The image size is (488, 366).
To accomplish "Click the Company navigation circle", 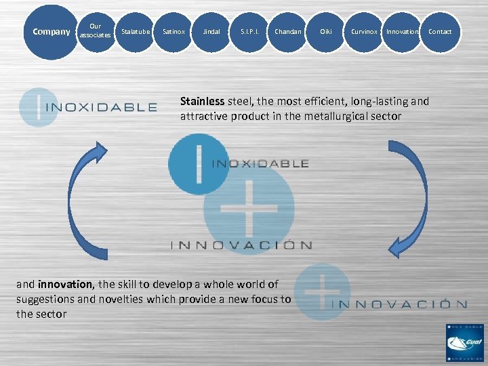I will [x=51, y=32].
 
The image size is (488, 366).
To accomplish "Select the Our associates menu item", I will [x=95, y=31].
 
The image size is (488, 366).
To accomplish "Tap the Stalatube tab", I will [x=136, y=32].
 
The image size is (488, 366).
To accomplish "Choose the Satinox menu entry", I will [x=174, y=32].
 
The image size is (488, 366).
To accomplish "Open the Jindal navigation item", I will [x=211, y=32].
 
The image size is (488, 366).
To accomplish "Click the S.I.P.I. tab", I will [x=249, y=32].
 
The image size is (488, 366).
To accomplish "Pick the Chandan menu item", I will [x=288, y=32].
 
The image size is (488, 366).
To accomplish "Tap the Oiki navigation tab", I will [x=326, y=32].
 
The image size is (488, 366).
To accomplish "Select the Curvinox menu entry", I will [x=364, y=32].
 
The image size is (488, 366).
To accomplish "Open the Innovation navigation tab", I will [x=402, y=32].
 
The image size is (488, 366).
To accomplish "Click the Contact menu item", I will [x=440, y=32].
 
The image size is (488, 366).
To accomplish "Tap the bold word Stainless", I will [x=202, y=102].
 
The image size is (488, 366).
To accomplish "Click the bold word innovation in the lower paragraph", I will [x=66, y=284].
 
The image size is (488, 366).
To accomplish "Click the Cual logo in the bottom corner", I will [x=464, y=342].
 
